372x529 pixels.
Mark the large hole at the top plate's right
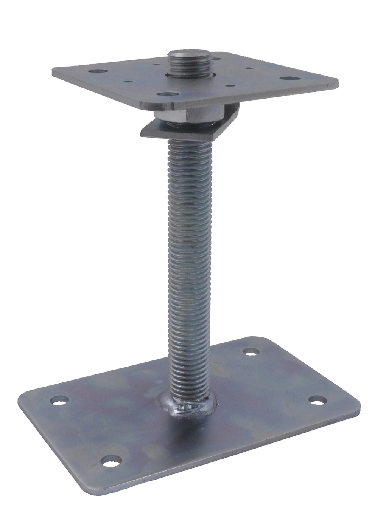click(288, 78)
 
